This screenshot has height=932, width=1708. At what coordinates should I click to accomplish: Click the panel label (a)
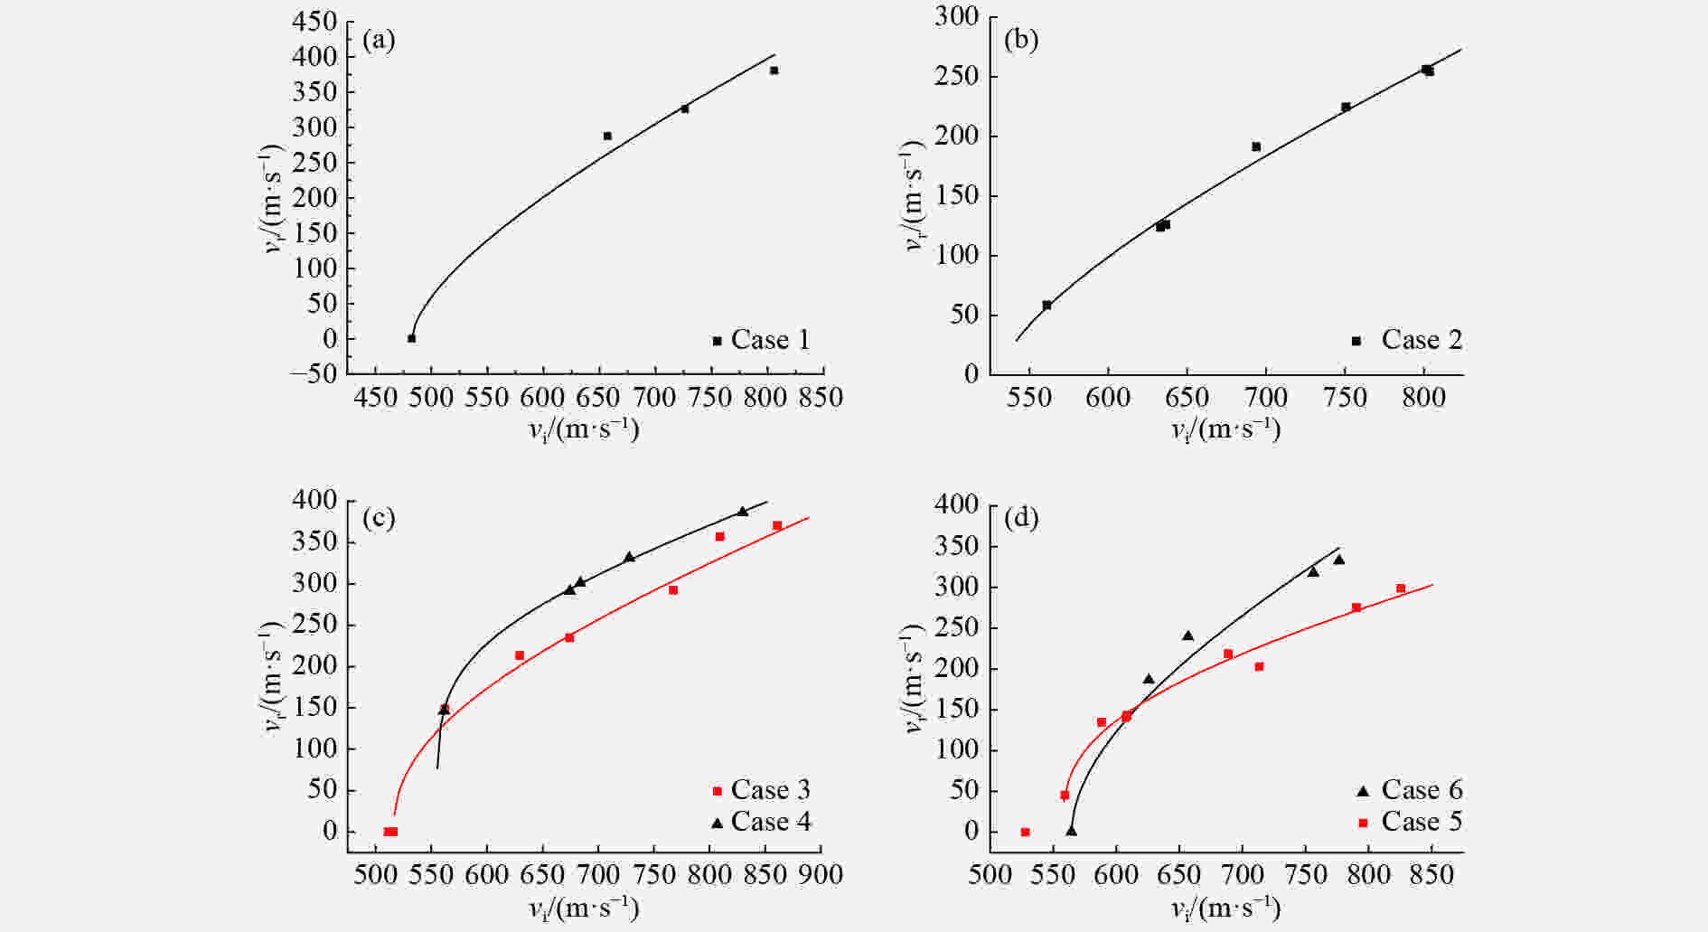point(379,41)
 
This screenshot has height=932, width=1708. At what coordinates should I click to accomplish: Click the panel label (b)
point(1021,41)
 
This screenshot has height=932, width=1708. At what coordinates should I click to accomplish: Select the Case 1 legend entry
point(761,340)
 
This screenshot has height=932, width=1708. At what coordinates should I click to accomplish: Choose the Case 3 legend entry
point(761,790)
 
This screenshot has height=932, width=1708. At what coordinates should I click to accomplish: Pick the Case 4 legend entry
point(761,822)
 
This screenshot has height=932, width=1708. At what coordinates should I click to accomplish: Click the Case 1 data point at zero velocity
point(411,338)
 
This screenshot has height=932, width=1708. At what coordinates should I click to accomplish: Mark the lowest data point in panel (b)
point(1046,306)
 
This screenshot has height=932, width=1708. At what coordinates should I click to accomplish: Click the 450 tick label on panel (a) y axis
point(314,22)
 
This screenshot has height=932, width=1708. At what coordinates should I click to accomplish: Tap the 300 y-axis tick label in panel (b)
point(957,17)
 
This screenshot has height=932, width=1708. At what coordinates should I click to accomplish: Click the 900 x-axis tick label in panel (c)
point(821,874)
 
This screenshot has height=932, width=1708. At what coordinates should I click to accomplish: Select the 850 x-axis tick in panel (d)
point(1431,874)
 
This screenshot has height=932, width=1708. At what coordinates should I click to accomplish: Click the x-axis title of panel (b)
point(1225,428)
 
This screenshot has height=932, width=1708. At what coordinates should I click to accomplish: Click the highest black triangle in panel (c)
point(743,512)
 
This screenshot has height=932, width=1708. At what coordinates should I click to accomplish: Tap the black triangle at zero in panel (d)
point(1071,831)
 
